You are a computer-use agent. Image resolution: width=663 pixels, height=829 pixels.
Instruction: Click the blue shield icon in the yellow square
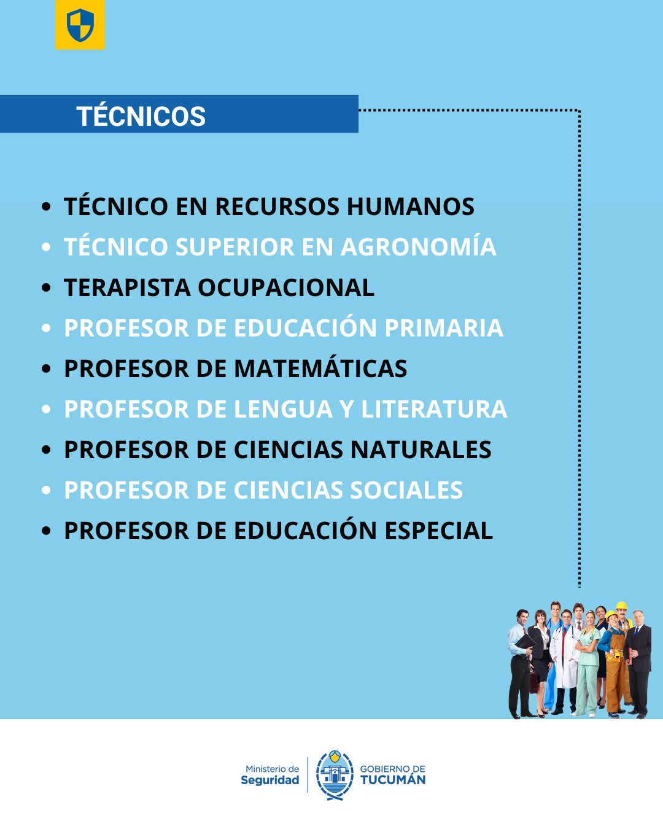click(80, 25)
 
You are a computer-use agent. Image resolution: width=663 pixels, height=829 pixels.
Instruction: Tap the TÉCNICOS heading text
click(141, 116)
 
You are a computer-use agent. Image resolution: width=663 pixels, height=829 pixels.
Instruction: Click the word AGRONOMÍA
click(418, 247)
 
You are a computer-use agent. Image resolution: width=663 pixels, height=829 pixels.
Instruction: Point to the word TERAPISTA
click(126, 287)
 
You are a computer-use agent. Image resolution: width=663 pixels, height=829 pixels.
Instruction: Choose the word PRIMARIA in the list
click(443, 328)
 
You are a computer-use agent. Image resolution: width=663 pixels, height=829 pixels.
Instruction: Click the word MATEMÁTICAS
click(320, 368)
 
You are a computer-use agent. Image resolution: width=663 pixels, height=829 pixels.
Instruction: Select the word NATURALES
click(421, 450)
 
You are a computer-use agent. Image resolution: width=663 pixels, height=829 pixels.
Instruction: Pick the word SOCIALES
click(406, 490)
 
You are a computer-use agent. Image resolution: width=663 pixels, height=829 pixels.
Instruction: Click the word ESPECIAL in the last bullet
click(438, 531)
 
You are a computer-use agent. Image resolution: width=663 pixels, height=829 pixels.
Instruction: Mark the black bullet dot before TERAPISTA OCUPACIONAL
click(46, 288)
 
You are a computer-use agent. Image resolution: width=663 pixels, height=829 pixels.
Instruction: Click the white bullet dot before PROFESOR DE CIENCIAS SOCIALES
click(46, 491)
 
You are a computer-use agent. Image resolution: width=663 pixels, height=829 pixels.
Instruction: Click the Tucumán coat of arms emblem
click(335, 775)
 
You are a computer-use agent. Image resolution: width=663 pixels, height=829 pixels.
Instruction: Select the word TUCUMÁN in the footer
click(392, 780)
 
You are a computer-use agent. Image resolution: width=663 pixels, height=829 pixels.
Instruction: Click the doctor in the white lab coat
click(565, 657)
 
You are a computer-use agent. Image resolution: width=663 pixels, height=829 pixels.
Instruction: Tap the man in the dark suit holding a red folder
click(639, 660)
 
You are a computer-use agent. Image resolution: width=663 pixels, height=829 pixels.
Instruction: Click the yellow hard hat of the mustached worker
click(621, 605)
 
